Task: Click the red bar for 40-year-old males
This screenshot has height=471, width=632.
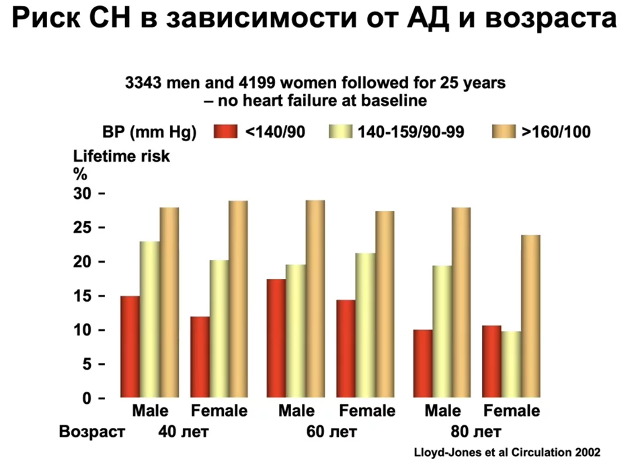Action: [130, 347]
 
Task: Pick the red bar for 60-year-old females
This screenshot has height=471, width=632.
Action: [346, 349]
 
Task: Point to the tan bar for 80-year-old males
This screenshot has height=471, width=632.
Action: [461, 302]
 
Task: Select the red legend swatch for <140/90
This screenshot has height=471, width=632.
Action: [225, 131]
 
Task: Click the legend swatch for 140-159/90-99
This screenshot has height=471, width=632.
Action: [342, 131]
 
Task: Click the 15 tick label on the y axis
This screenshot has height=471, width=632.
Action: [84, 296]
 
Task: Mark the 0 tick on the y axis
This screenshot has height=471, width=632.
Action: [87, 398]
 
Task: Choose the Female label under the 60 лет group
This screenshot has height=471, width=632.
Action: [366, 411]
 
